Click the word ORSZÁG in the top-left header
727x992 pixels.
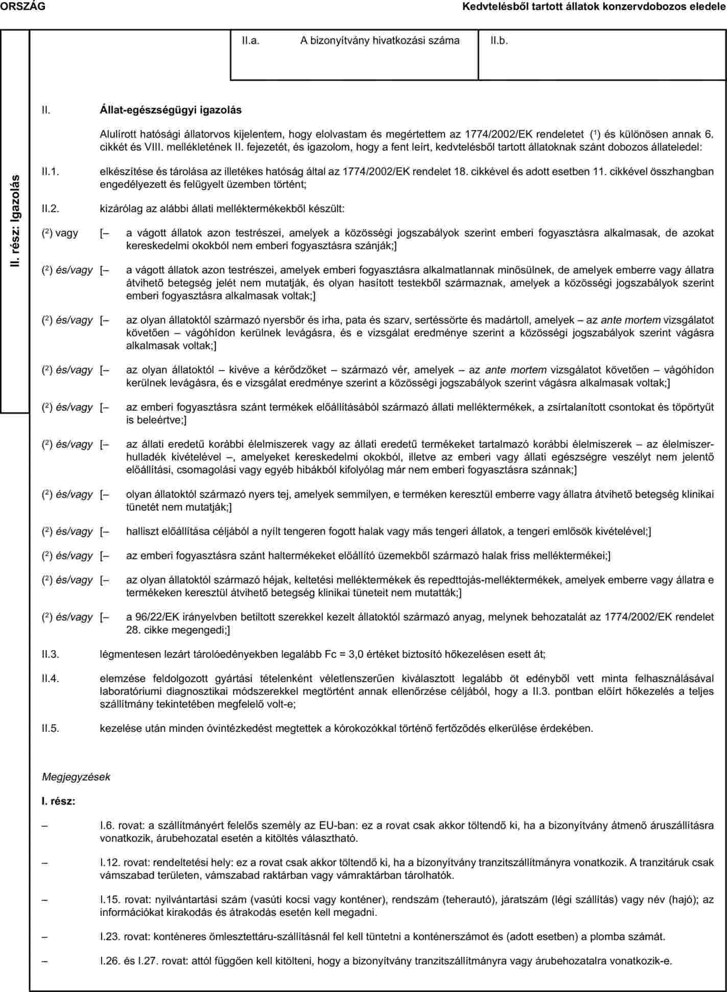pos(22,6)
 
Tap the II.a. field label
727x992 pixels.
pos(251,40)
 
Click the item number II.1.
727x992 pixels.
pos(51,172)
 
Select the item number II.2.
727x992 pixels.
pos(51,209)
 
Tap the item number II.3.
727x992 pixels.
pos(51,654)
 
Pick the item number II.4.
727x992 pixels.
pos(51,679)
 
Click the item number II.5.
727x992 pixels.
pos(51,728)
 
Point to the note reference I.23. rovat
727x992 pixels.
pos(124,936)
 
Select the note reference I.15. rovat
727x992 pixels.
pos(124,899)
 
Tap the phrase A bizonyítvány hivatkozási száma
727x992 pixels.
pos(380,40)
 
